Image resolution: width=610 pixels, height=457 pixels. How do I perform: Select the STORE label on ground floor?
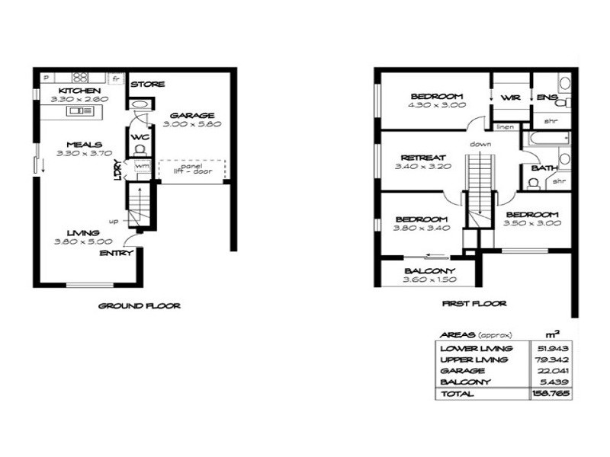pos(147,85)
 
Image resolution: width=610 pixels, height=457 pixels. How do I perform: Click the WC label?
pos(140,137)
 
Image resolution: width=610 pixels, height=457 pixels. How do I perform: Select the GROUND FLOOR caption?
pos(140,306)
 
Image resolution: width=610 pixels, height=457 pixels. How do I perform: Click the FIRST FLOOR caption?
pos(474,303)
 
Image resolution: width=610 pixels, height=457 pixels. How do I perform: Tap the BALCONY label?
pos(430,271)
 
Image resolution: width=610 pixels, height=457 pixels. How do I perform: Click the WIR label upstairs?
pos(510,97)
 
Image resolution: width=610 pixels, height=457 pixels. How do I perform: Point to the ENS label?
pos(547,97)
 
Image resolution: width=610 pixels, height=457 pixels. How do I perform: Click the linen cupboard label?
pos(504,126)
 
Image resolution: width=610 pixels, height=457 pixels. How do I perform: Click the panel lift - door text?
pos(192,170)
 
